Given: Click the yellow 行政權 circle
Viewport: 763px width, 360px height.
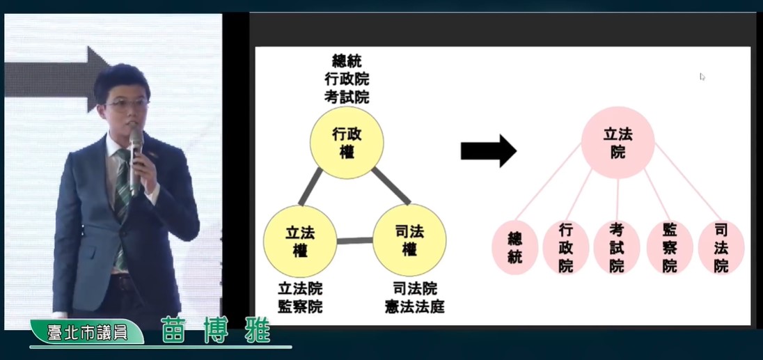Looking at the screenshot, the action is coord(347,143).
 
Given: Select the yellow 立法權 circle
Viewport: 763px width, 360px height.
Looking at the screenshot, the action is coord(300,242).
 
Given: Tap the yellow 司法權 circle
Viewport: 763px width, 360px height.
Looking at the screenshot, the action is coord(409,240).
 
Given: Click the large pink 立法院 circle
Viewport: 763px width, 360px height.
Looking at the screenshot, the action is coord(618,143).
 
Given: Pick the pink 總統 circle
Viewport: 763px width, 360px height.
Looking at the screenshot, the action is coord(515,248).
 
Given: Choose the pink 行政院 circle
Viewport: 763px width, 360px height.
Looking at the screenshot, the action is coord(566,248).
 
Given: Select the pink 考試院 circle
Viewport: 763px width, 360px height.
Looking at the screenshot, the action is coord(617,248).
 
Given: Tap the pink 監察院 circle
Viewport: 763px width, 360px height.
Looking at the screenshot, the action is coord(670,248).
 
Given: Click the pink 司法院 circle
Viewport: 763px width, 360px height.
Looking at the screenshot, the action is coord(721,248).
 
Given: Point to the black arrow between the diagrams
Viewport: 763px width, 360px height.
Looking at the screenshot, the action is coord(489,151).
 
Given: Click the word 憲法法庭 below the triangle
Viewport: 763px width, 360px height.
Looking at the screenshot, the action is coord(415,307).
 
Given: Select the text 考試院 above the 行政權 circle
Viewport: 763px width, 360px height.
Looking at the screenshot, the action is coord(347,96).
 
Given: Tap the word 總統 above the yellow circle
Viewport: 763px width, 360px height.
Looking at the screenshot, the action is coord(347,61).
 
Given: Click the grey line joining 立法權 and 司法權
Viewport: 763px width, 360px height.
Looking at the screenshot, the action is coord(355,240).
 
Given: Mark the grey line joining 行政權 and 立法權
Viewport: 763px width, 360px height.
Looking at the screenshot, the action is coord(310,187).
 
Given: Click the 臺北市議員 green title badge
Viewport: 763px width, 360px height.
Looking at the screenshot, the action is coord(87,331).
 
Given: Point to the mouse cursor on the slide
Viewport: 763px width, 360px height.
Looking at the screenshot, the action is coord(702,77).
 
